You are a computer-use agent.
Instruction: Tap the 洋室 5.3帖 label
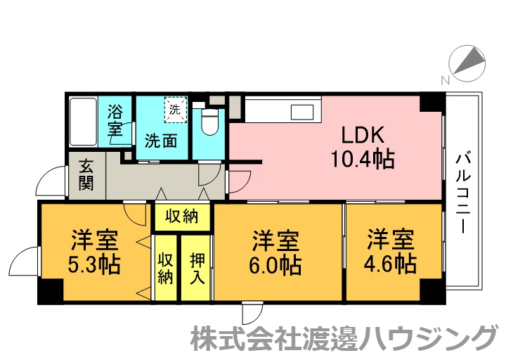pyautogui.click(x=94, y=252)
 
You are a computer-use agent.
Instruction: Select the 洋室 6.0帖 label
pyautogui.click(x=276, y=252)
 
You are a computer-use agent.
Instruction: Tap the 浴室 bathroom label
pyautogui.click(x=115, y=120)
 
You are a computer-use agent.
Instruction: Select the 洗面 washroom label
pyautogui.click(x=161, y=140)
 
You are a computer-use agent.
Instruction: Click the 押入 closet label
pyautogui.click(x=197, y=267)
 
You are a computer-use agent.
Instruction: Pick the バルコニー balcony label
pyautogui.click(x=463, y=192)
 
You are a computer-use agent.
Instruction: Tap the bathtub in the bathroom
pyautogui.click(x=84, y=120)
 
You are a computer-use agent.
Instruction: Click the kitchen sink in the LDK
pyautogui.click(x=303, y=112)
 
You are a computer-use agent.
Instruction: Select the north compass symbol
pyautogui.click(x=467, y=62)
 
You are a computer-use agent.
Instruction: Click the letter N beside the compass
pyautogui.click(x=444, y=80)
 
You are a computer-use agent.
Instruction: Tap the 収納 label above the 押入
pyautogui.click(x=181, y=216)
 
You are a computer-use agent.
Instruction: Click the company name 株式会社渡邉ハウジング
pyautogui.click(x=344, y=339)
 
